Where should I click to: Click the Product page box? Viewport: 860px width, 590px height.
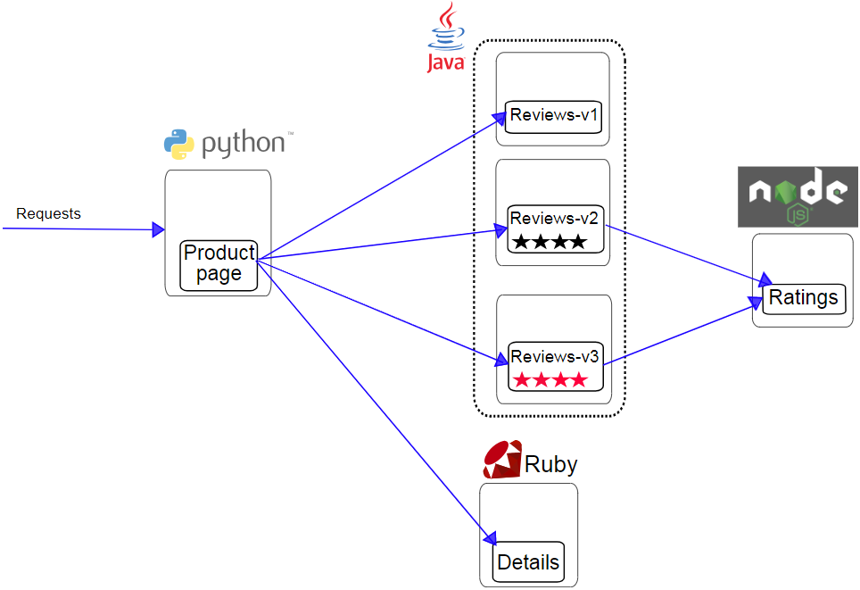click(x=219, y=265)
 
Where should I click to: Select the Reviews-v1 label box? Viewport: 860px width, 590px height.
click(x=554, y=116)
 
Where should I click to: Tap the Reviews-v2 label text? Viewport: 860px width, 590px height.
click(x=554, y=219)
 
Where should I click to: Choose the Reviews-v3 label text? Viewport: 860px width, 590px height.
click(x=555, y=357)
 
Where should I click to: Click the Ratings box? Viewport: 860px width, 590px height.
click(x=803, y=298)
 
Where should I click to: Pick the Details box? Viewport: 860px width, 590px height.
click(x=528, y=562)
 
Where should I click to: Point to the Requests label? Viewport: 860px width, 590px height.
click(x=48, y=214)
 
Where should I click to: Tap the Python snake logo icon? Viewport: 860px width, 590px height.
click(x=178, y=144)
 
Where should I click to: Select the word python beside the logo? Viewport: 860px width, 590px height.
click(x=243, y=144)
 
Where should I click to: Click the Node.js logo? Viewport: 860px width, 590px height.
click(x=797, y=196)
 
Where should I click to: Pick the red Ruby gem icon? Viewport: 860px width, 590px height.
click(x=502, y=460)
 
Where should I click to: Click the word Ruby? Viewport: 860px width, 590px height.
click(x=550, y=465)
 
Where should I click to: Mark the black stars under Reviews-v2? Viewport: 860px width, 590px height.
click(x=549, y=242)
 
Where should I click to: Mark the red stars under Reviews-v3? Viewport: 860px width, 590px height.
click(x=549, y=380)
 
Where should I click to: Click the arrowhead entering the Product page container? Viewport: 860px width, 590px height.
click(x=158, y=230)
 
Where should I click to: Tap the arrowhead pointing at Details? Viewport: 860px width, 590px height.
click(x=490, y=537)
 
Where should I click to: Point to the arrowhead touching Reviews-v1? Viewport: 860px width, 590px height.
click(x=500, y=117)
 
